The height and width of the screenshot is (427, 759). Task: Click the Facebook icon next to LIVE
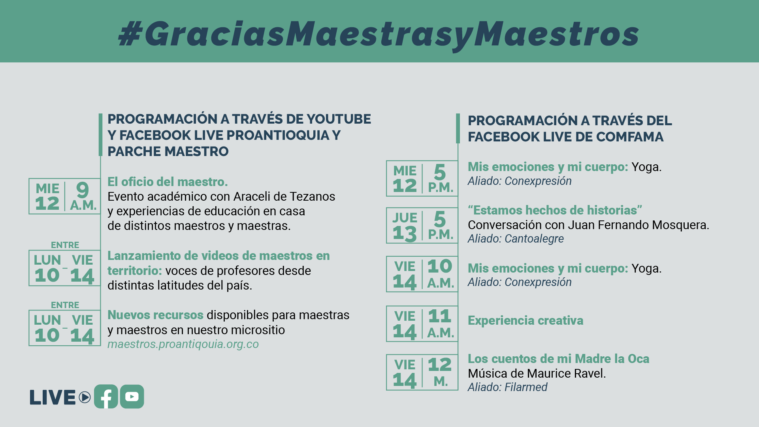[106, 397]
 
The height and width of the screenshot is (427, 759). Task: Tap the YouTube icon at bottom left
[132, 397]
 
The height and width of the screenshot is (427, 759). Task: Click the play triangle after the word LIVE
[85, 397]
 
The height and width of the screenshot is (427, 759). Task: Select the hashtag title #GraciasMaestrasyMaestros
[379, 33]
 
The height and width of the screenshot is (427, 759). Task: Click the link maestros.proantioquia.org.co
[183, 344]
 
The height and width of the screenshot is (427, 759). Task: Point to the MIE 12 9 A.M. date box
[64, 196]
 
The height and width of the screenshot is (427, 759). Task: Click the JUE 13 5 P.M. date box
[422, 226]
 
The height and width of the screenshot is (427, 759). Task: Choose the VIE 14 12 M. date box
[422, 372]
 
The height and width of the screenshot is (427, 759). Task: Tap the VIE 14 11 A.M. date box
[422, 324]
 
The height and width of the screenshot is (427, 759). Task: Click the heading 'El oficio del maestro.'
[168, 182]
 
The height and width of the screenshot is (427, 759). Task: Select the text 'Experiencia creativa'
[525, 320]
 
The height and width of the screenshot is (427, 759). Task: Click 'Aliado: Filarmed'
[507, 387]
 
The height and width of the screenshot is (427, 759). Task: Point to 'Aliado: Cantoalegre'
[516, 239]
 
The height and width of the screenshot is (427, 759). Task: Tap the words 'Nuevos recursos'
[155, 315]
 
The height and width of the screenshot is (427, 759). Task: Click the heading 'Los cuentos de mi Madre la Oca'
[558, 359]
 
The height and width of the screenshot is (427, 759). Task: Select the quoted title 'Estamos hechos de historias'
[555, 210]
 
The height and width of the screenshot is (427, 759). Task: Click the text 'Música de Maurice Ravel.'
[537, 373]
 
